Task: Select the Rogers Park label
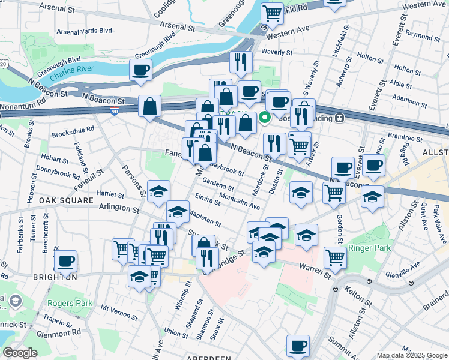70,304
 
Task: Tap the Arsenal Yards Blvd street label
85,31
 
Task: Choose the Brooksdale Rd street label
73,129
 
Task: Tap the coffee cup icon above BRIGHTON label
65,261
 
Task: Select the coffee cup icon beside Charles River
140,70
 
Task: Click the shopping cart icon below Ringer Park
335,258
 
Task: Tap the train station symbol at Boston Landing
339,118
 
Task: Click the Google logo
20,353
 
